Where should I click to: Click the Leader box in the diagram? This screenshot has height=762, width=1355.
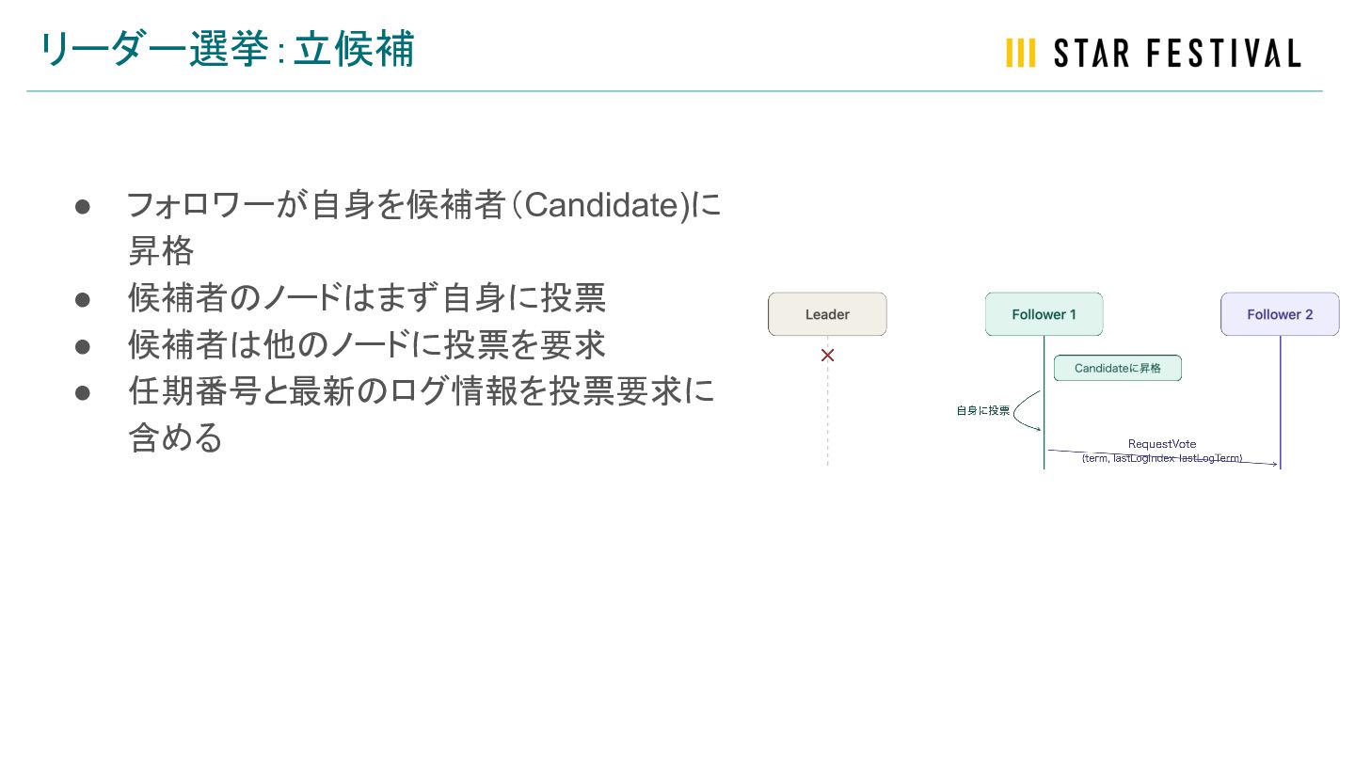click(x=827, y=314)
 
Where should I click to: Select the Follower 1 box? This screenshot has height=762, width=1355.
click(x=1044, y=314)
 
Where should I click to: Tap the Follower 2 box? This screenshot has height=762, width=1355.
click(x=1280, y=314)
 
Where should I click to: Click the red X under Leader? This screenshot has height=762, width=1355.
click(x=828, y=356)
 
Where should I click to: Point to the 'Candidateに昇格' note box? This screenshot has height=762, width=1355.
click(x=1117, y=368)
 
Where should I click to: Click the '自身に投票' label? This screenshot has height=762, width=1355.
click(x=982, y=410)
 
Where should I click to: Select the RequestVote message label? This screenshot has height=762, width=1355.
click(x=1162, y=444)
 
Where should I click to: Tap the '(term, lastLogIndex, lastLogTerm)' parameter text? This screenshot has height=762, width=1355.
click(x=1162, y=458)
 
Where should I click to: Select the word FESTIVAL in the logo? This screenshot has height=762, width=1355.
click(x=1223, y=53)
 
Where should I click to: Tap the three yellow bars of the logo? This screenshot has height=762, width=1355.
click(x=1020, y=53)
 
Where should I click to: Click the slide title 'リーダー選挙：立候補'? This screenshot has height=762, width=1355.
click(x=226, y=49)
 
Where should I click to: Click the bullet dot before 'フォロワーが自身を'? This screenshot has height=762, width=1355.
click(x=82, y=206)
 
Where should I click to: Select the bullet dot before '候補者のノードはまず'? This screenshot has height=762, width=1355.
click(x=82, y=299)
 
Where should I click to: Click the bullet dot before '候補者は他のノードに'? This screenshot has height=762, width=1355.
click(x=82, y=346)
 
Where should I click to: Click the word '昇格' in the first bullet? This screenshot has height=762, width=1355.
click(x=161, y=251)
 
